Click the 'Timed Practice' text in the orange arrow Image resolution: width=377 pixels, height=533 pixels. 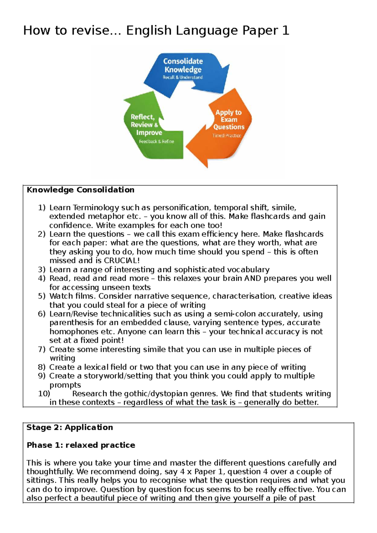coord(227,136)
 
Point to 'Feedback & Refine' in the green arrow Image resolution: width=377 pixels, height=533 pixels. coord(156,142)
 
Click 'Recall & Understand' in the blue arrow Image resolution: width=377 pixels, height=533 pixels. coord(183,77)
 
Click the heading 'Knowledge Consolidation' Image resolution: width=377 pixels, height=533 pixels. coord(80,190)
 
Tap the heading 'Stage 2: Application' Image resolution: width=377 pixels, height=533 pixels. coord(69,427)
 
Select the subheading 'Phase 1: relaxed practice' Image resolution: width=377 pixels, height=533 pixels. coord(81,445)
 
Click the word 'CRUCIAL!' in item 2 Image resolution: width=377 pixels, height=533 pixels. coord(122,261)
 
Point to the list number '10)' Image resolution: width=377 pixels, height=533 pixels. coord(44,393)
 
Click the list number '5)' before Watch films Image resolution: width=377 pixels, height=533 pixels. coord(42,296)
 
